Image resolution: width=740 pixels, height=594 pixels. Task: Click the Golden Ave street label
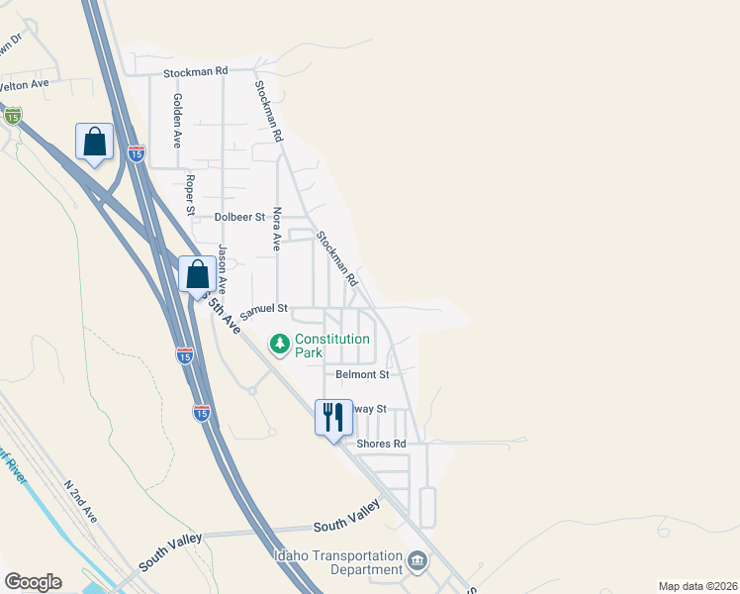tap(177, 120)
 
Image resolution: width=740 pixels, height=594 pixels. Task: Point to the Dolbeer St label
tap(240, 216)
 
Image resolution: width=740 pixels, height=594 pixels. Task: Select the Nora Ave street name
tap(278, 229)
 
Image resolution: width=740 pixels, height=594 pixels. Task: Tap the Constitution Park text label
tap(333, 346)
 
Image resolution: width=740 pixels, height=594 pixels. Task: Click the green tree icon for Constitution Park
tap(280, 344)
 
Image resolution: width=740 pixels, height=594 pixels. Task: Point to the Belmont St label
tap(362, 374)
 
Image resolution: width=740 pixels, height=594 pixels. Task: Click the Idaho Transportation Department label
tap(339, 562)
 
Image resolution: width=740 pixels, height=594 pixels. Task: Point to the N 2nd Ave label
tap(80, 502)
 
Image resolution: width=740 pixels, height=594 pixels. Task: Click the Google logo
tap(33, 582)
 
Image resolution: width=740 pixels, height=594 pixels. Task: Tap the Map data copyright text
tap(697, 586)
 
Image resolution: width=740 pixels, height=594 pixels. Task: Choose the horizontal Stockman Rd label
tap(196, 71)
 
